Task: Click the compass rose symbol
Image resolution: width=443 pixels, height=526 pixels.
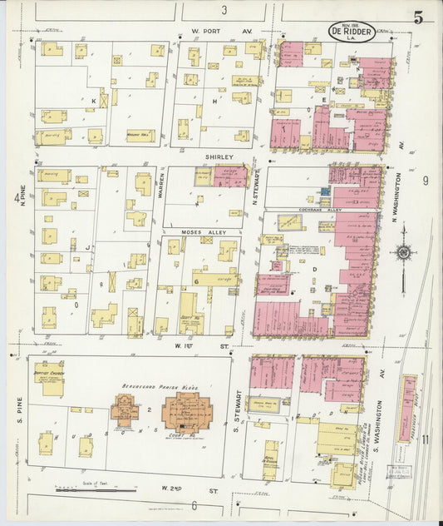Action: pos(403,252)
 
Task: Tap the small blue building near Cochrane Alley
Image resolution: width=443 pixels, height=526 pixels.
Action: pos(324,191)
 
